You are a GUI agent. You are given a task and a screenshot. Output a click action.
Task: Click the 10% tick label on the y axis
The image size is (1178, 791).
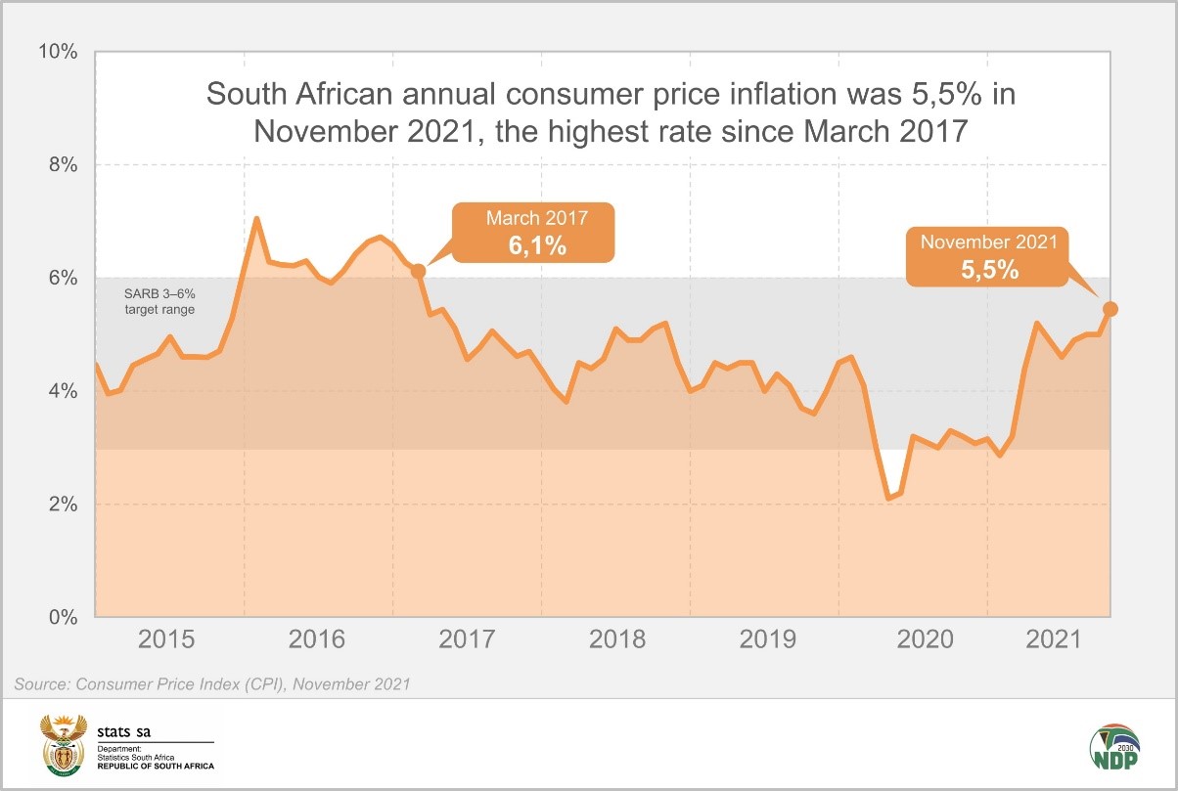57,51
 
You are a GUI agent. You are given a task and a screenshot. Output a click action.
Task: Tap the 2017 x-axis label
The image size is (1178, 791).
468,641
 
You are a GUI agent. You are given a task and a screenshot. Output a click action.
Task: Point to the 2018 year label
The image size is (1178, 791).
616,641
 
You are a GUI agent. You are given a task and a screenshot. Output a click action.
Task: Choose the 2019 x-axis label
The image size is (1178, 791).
765,641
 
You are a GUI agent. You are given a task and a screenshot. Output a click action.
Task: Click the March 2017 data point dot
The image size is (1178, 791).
418,271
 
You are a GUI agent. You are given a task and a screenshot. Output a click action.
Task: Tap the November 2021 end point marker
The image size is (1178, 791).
1110,309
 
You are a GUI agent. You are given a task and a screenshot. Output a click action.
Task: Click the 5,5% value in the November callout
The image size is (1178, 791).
989,269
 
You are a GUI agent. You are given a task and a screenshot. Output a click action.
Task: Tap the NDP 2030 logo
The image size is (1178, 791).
1113,747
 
